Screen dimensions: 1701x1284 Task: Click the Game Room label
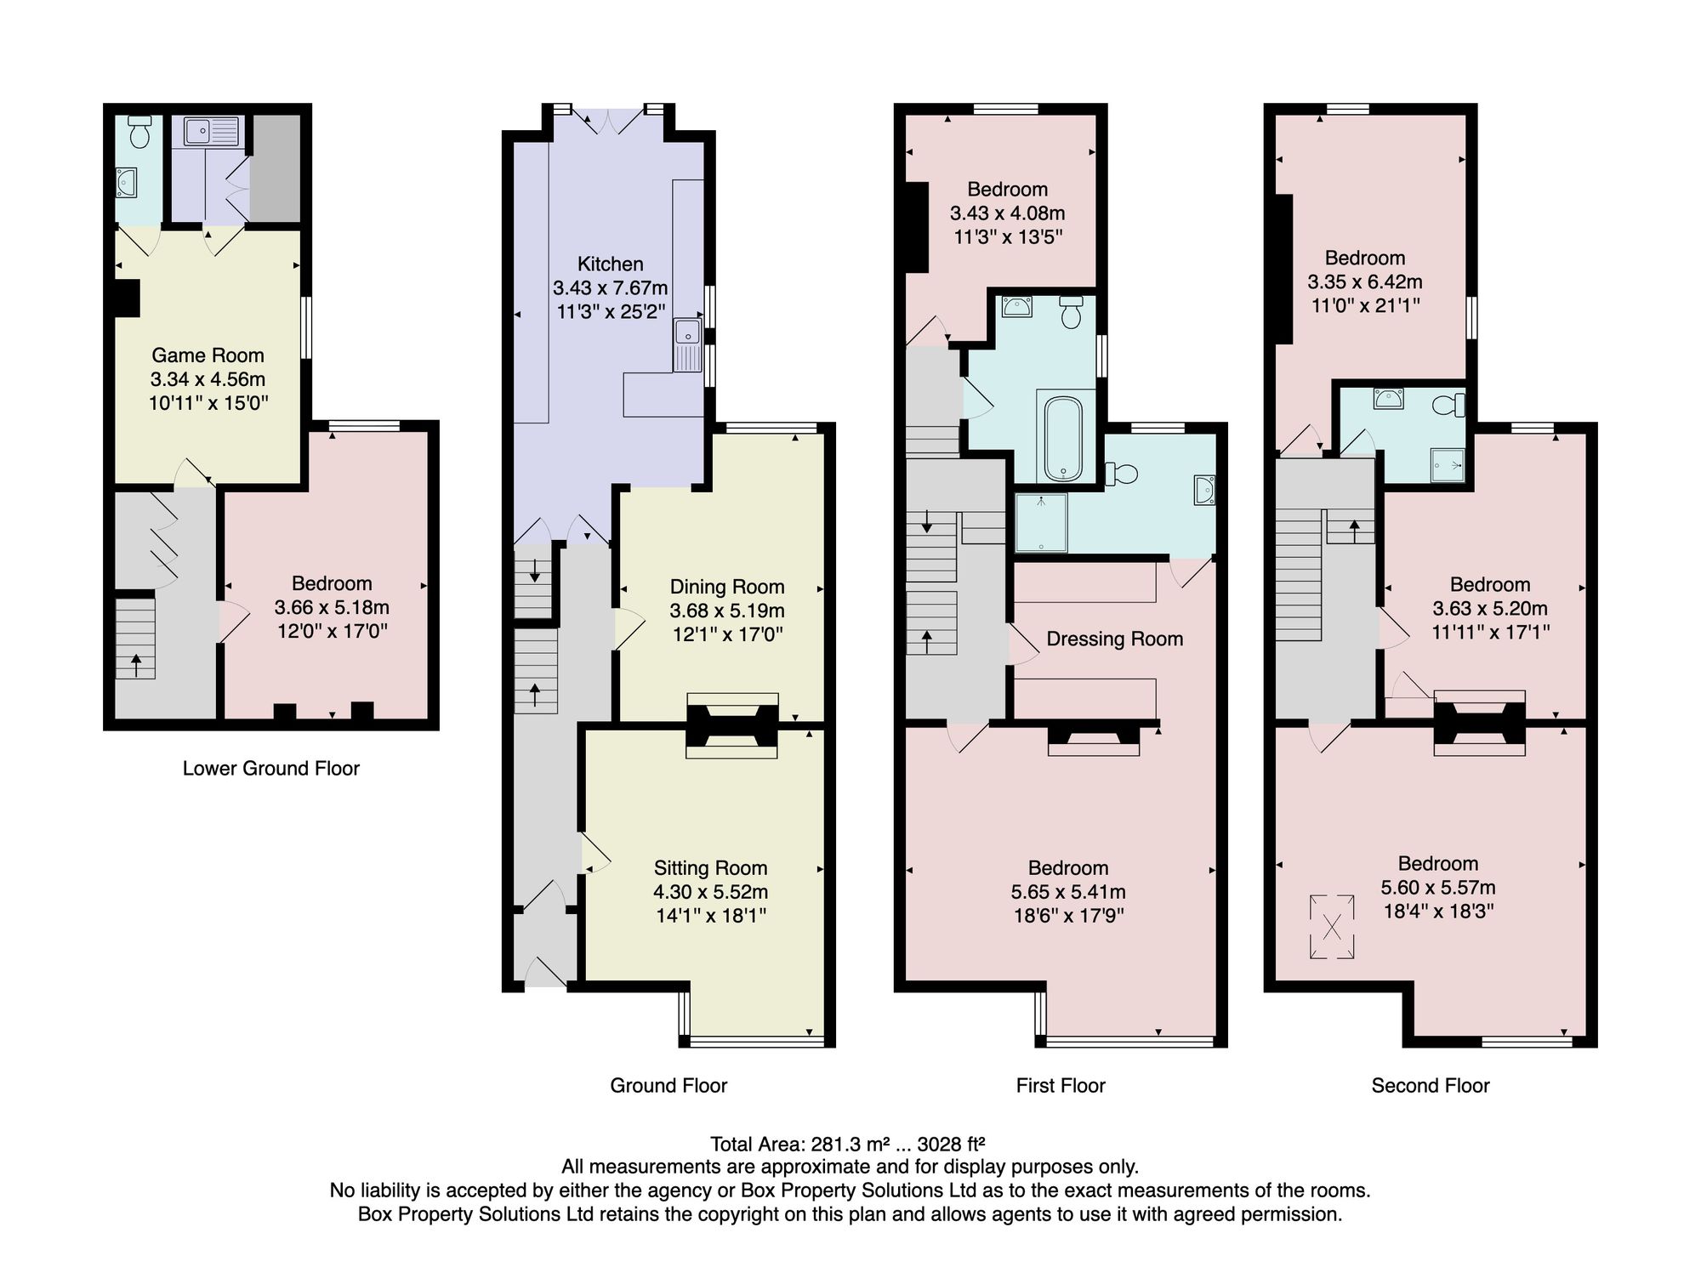[208, 355]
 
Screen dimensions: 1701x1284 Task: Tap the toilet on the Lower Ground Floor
[139, 132]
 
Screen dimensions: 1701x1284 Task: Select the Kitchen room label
[610, 264]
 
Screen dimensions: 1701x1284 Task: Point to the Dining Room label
[727, 587]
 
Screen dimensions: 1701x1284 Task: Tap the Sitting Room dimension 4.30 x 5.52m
[711, 892]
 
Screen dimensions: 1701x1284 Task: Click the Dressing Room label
[1115, 639]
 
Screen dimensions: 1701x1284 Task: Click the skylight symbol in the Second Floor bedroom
[1332, 927]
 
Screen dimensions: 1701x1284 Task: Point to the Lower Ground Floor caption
[271, 769]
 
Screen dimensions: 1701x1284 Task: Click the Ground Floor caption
[668, 1085]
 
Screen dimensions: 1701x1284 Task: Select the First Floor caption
[1061, 1085]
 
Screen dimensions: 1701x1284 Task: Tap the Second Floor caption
[1431, 1085]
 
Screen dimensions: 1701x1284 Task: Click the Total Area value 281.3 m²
[850, 1144]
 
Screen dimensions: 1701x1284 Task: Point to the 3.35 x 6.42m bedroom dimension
[1365, 281]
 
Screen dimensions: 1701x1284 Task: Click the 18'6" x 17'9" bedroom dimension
[1068, 916]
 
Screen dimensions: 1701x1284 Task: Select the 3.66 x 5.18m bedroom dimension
[332, 607]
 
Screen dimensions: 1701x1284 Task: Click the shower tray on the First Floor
[1041, 522]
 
